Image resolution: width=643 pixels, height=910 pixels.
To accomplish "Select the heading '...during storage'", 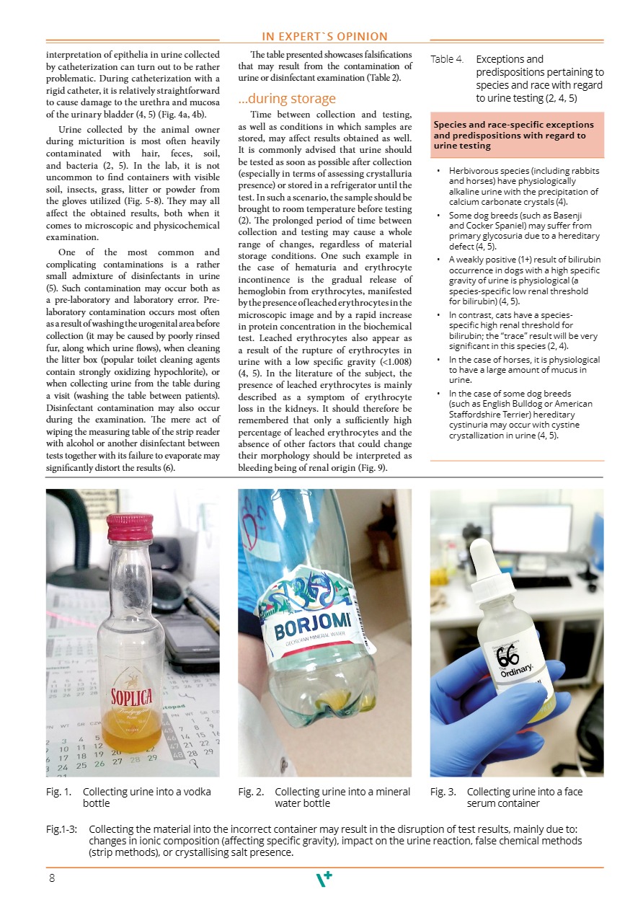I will (287, 98).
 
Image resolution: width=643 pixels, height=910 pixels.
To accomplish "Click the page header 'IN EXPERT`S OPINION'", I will (324, 36).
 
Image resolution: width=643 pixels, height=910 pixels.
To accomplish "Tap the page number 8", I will (52, 878).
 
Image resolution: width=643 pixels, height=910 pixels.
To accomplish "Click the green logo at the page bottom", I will (325, 879).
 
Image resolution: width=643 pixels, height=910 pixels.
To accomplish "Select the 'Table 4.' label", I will (447, 59).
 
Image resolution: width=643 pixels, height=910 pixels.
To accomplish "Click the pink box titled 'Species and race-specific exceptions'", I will (516, 135).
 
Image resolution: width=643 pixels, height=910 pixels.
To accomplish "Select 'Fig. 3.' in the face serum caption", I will (443, 792).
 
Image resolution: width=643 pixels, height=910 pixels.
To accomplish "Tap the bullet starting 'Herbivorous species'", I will (523, 186).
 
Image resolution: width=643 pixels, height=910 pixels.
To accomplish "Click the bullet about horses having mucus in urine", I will (523, 369).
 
